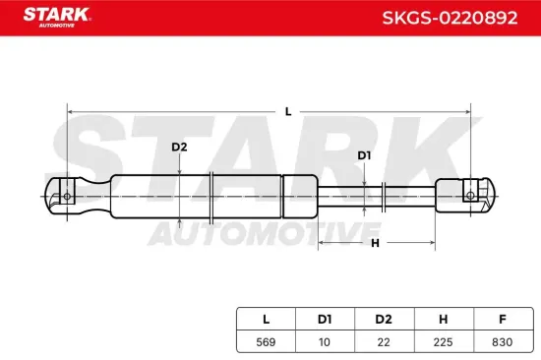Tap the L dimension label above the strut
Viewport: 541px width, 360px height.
pos(288,111)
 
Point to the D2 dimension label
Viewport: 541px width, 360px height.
pos(179,148)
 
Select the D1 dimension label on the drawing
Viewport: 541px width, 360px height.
pos(364,155)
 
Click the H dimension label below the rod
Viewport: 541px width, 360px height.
pos(375,242)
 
